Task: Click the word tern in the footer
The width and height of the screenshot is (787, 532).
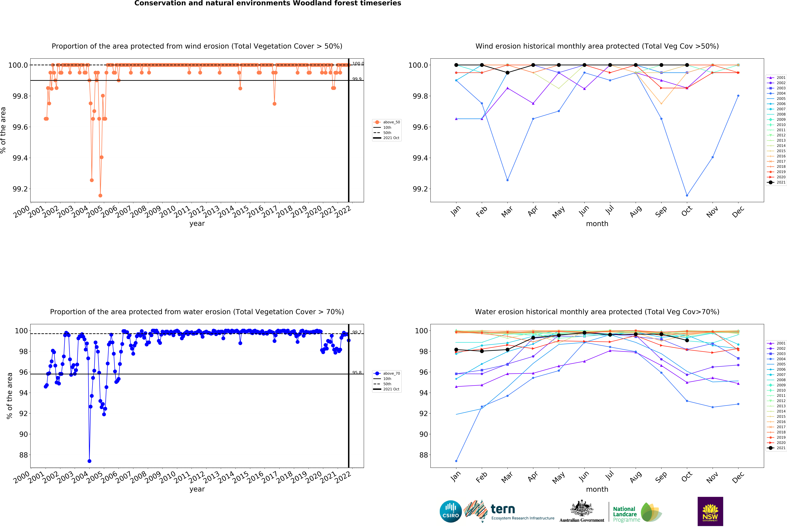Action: (x=503, y=509)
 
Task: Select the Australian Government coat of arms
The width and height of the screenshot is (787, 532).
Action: (x=581, y=508)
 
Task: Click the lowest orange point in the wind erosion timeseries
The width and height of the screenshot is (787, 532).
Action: (x=100, y=195)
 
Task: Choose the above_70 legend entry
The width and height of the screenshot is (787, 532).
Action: (x=391, y=373)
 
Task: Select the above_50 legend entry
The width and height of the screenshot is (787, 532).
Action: (x=391, y=122)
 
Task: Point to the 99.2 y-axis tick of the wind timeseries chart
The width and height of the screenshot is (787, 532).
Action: (x=20, y=189)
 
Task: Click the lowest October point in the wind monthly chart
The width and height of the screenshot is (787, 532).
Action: (x=687, y=195)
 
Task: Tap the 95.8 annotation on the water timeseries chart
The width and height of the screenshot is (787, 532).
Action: (x=357, y=373)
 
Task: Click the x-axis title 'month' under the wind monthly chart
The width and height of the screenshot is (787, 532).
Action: (x=597, y=223)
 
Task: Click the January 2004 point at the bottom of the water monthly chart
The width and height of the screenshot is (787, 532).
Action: (x=456, y=461)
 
